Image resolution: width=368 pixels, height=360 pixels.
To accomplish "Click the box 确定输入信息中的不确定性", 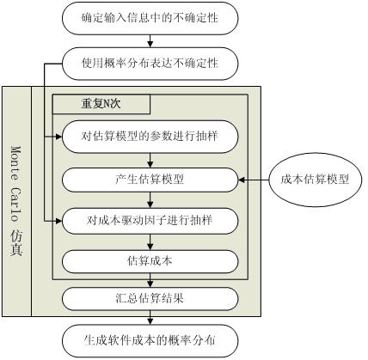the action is [x=150, y=18].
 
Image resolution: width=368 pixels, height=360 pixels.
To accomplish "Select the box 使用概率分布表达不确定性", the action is [x=150, y=64].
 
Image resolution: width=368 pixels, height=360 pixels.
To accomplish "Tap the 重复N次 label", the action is [x=101, y=104].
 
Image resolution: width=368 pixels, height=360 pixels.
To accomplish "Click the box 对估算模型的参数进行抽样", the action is [x=150, y=137].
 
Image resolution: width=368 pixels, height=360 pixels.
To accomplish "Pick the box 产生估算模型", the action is [x=150, y=180].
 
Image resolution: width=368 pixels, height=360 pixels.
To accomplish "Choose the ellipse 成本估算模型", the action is [x=315, y=180].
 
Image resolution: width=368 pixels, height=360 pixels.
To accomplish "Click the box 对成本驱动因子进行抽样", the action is [x=150, y=221].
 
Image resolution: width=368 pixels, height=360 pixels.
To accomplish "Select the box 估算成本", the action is [x=150, y=261].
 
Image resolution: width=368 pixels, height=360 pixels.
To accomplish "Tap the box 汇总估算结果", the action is [x=150, y=299].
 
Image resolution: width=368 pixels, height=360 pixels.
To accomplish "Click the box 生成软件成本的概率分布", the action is [x=150, y=341].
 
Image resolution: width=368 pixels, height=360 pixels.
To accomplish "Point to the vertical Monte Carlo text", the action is [x=16, y=184].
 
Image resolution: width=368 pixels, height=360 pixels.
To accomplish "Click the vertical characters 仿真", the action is [x=16, y=243].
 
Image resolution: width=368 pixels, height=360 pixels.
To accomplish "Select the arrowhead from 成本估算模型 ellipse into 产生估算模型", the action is [x=242, y=180].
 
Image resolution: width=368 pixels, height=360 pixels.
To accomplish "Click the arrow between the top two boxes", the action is [x=150, y=41].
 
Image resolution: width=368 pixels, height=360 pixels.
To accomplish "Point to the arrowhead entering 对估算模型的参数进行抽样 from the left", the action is [x=59, y=137].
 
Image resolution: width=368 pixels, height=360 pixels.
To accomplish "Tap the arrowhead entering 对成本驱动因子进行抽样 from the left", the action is [x=59, y=221].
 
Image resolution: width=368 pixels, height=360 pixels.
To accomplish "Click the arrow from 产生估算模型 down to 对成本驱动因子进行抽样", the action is [x=150, y=200].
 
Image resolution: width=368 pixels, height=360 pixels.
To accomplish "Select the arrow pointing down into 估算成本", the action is [x=150, y=242].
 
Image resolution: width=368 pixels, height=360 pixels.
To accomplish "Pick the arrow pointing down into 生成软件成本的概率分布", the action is [x=150, y=318].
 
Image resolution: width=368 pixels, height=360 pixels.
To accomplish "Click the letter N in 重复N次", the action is [x=106, y=104].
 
